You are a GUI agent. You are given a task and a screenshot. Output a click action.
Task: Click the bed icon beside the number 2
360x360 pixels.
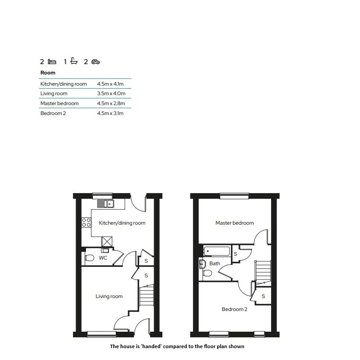click(52, 62)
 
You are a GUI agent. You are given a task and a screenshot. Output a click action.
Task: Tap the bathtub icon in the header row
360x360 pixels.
click(74, 61)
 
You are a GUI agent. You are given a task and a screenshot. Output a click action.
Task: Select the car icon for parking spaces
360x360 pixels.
click(96, 62)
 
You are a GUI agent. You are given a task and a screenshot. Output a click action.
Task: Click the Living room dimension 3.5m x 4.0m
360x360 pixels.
click(111, 93)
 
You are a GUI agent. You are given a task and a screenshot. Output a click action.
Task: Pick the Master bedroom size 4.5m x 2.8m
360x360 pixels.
click(111, 103)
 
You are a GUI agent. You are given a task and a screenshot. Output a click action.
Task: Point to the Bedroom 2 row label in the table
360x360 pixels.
click(53, 113)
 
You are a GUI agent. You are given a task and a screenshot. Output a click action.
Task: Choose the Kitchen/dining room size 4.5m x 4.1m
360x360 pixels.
click(110, 84)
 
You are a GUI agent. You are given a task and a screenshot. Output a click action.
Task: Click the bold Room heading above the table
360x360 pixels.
click(48, 72)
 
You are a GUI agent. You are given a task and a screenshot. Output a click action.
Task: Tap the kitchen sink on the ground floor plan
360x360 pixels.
click(106, 204)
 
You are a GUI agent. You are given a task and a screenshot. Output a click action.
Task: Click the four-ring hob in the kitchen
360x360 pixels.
click(86, 222)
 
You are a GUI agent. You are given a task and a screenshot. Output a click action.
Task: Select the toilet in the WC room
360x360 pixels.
click(90, 258)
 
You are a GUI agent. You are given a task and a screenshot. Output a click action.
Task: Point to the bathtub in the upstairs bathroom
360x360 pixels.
click(216, 251)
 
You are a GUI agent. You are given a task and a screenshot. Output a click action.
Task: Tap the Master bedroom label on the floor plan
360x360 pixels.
click(235, 223)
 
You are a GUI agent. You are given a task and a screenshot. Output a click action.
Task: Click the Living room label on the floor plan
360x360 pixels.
click(109, 296)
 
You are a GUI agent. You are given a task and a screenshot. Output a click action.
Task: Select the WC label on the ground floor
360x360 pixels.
click(103, 258)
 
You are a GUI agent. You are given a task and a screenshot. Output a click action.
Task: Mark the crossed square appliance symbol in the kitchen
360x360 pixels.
click(107, 242)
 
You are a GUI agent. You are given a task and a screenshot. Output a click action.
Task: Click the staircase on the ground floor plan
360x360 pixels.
click(146, 296)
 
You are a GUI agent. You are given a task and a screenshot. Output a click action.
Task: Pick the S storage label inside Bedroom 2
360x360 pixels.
click(263, 296)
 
